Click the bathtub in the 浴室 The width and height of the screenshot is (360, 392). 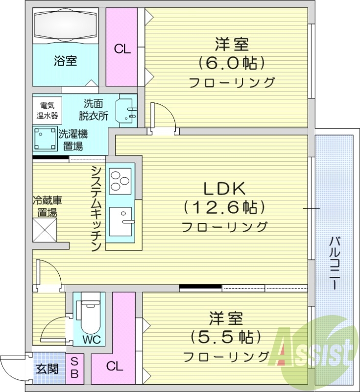(x=66, y=26)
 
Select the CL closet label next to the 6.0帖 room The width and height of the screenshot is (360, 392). (x=122, y=49)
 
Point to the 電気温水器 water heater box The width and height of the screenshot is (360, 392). (x=48, y=110)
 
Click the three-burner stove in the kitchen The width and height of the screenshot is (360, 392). (x=119, y=179)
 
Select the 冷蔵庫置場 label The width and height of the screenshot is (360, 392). (x=47, y=206)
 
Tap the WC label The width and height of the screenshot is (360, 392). (x=89, y=340)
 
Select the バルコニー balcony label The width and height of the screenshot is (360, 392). (x=336, y=262)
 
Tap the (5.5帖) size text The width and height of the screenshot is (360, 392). (x=223, y=337)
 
